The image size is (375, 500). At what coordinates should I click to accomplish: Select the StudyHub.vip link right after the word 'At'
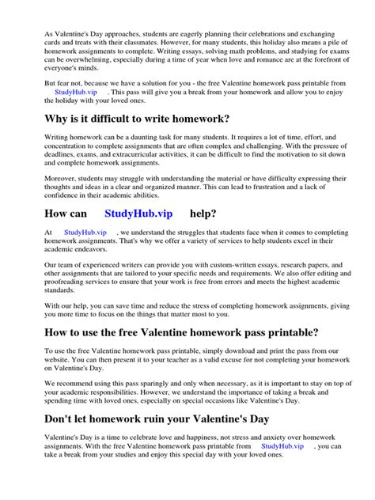[85, 232]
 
